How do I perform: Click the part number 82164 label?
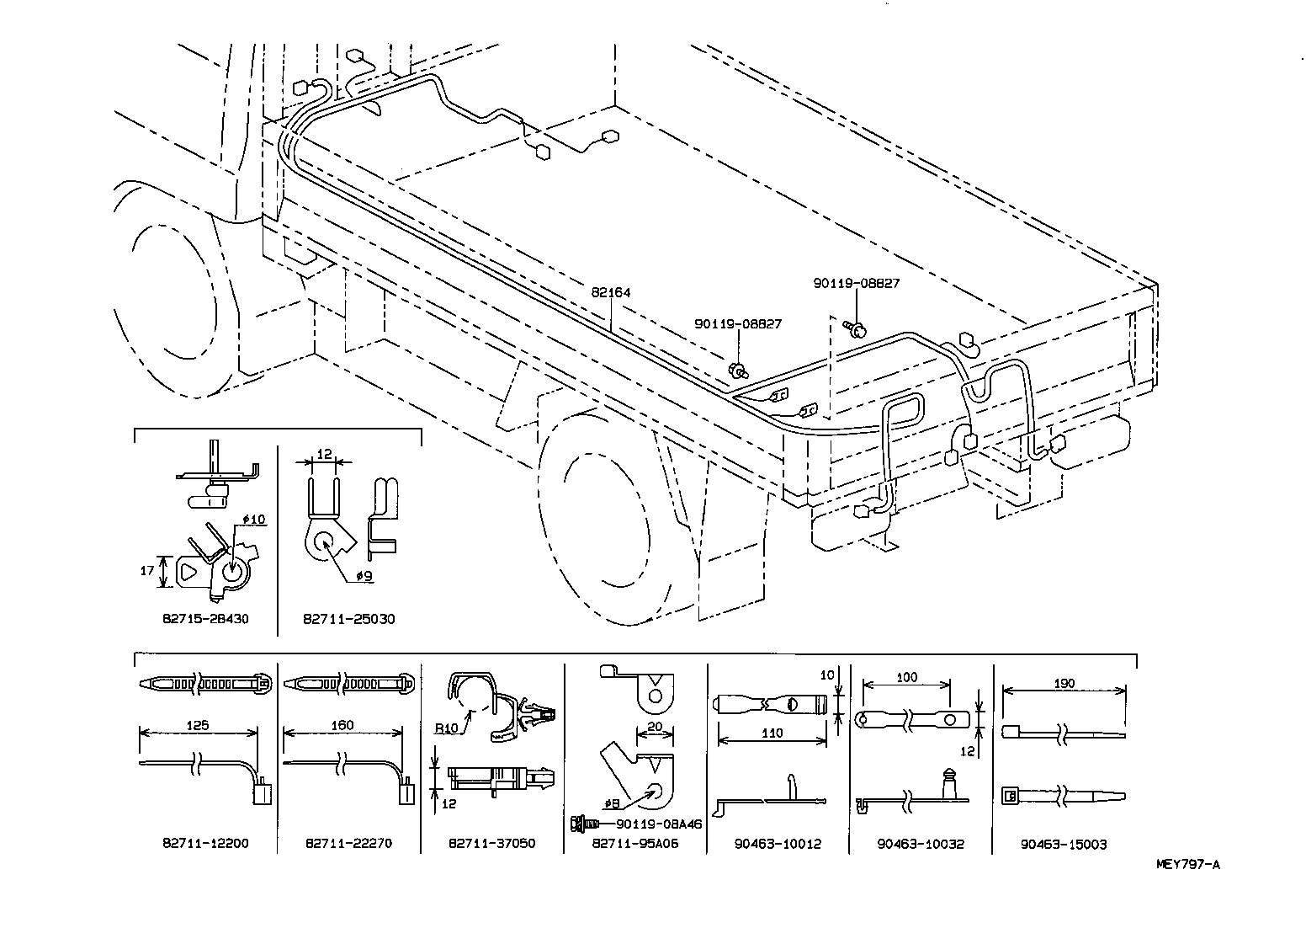[x=611, y=293]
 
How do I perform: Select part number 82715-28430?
[x=205, y=619]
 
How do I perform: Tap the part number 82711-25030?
[x=348, y=619]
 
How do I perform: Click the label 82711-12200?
[x=205, y=843]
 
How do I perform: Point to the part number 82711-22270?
[x=348, y=843]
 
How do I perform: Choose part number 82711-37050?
[x=491, y=843]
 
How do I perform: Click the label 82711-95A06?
[x=634, y=843]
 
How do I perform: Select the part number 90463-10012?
[x=778, y=843]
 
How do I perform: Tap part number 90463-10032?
[x=921, y=843]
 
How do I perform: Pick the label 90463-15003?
[x=1064, y=843]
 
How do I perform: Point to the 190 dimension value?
[x=1064, y=684]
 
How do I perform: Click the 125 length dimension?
[x=199, y=725]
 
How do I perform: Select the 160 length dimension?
[x=342, y=725]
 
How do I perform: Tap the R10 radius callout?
[x=447, y=728]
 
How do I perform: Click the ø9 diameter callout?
[x=364, y=576]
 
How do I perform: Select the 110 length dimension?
[x=772, y=733]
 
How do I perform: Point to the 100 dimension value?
[x=906, y=677]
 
